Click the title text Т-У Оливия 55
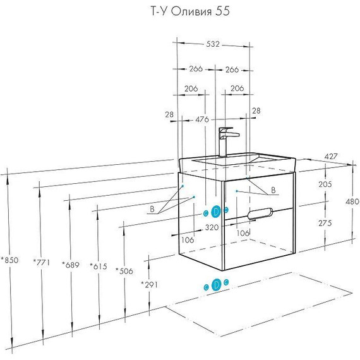[x=190, y=11]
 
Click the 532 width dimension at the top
[x=213, y=44]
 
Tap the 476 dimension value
[x=202, y=119]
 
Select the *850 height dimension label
[x=9, y=260]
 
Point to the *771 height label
[x=41, y=262]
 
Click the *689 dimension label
[x=71, y=265]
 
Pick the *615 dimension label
[x=99, y=267]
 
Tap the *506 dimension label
[x=124, y=271]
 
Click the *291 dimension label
[x=150, y=285]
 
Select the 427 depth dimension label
[x=331, y=157]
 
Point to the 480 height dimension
[x=352, y=201]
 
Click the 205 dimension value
[x=325, y=184]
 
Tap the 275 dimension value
[x=325, y=223]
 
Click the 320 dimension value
[x=212, y=227]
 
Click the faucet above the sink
[x=227, y=142]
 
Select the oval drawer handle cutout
[x=260, y=213]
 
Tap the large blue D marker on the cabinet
[x=216, y=212]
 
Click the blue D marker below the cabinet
[x=217, y=285]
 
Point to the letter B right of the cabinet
[x=273, y=190]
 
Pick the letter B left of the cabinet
[x=152, y=209]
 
